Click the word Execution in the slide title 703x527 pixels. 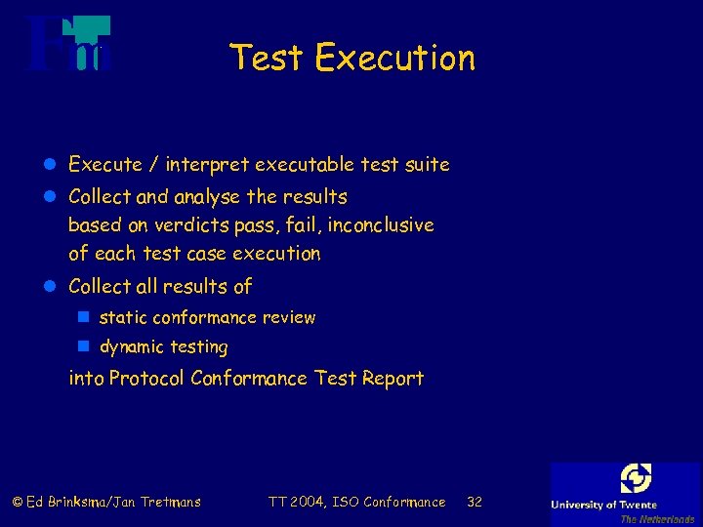point(395,59)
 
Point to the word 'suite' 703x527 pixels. point(428,165)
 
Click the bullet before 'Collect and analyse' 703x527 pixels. point(53,197)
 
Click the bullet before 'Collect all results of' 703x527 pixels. point(53,287)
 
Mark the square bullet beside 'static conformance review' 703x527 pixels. point(84,318)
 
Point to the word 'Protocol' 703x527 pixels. point(146,379)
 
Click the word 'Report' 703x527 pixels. point(393,379)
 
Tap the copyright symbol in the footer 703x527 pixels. point(17,503)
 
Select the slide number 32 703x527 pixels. point(475,503)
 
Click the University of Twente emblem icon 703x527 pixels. point(636,479)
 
